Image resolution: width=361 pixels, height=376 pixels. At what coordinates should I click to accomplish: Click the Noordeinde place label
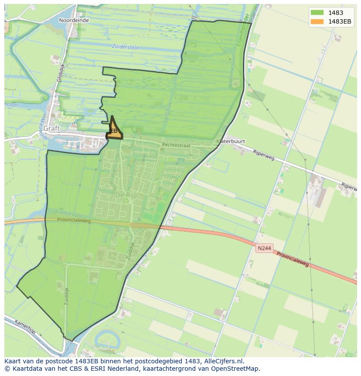[74, 20]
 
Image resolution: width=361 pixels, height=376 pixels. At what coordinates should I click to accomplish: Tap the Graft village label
[51, 128]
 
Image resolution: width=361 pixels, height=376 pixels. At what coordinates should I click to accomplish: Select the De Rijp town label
[126, 195]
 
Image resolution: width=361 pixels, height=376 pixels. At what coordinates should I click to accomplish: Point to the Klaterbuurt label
[231, 141]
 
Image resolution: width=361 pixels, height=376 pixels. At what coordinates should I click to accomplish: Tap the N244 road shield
[264, 248]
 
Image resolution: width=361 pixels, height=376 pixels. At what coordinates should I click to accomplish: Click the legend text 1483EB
[340, 22]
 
